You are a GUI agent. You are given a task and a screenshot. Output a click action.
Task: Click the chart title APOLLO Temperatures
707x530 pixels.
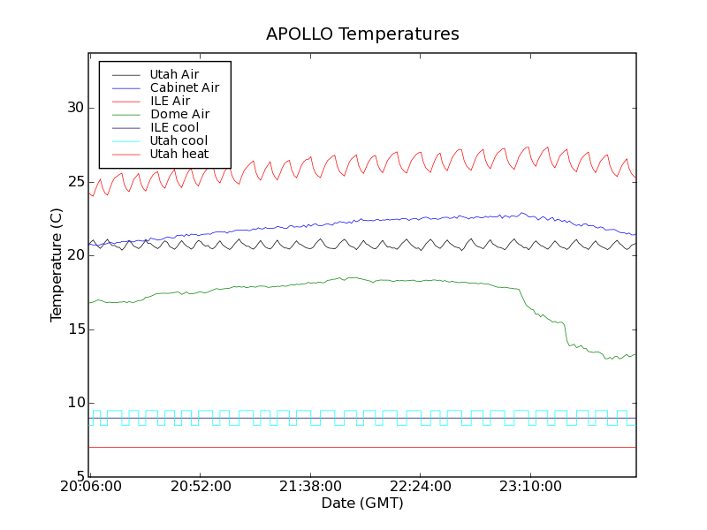click(362, 34)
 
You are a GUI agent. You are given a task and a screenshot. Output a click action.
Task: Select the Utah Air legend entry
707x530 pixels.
click(174, 74)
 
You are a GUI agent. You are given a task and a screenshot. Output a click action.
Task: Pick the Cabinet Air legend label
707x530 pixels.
click(185, 87)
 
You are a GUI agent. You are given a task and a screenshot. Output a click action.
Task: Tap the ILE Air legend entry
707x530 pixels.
click(170, 101)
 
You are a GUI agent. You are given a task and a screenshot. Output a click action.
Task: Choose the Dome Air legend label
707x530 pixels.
click(179, 114)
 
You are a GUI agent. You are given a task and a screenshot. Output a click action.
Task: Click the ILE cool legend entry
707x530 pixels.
click(174, 127)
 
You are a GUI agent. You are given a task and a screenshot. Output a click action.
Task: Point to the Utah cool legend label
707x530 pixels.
click(179, 140)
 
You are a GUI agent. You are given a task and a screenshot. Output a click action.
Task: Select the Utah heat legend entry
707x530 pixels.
click(179, 154)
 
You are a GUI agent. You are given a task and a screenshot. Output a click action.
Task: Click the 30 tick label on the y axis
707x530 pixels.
click(75, 108)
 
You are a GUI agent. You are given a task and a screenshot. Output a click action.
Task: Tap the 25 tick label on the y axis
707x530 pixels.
click(75, 182)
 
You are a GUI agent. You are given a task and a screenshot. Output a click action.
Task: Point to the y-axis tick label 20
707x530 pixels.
click(75, 255)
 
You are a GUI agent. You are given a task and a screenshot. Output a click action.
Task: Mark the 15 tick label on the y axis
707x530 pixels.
click(75, 329)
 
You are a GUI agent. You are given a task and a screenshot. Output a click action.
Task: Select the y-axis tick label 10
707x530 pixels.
click(75, 403)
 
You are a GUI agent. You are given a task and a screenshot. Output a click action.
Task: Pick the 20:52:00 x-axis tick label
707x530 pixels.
click(201, 487)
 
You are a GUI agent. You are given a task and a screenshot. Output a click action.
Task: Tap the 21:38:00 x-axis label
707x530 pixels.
click(310, 487)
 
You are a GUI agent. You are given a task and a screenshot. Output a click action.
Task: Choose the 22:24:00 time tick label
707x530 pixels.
click(421, 487)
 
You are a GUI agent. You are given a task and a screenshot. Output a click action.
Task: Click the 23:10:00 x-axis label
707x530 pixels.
click(530, 487)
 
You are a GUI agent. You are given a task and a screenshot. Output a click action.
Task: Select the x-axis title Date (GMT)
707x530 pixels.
click(362, 503)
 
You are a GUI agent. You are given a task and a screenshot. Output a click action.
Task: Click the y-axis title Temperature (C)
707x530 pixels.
click(57, 265)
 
